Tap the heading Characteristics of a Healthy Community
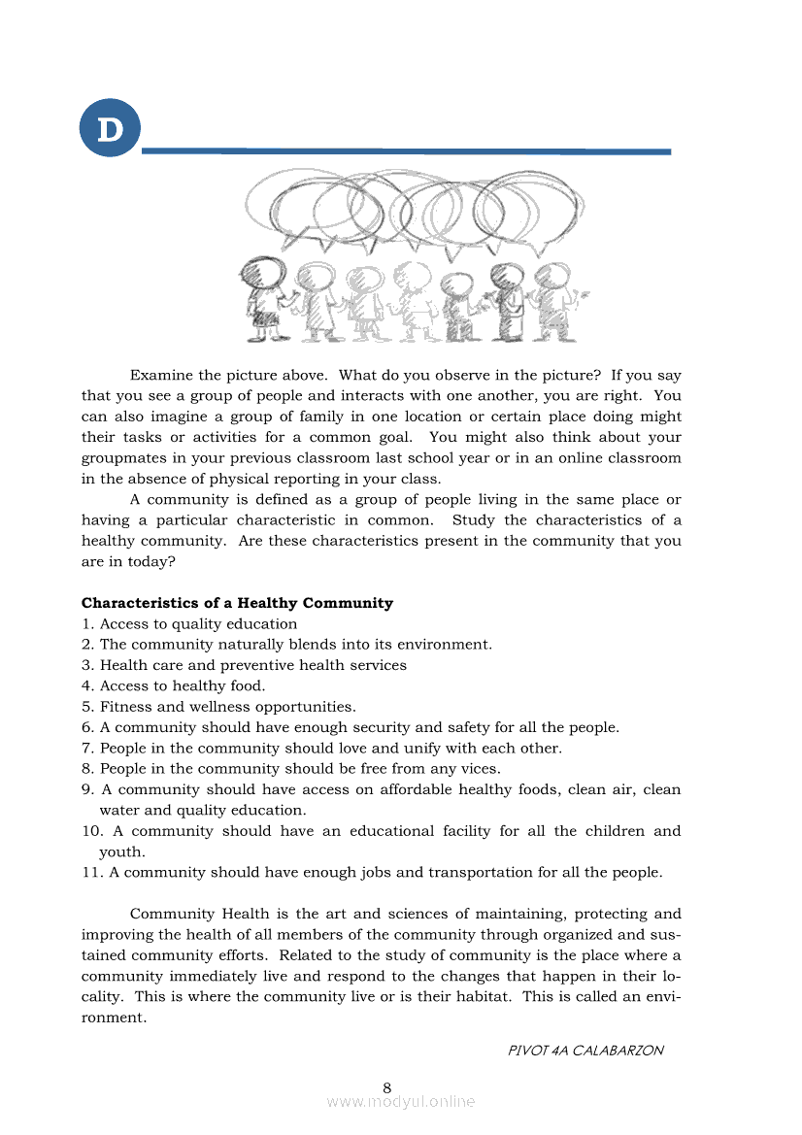pos(237,603)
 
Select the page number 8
pos(387,1086)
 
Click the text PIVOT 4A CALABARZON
pos(585,1051)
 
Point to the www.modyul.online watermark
pos(401,1102)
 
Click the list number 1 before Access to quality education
pos(86,624)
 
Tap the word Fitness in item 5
pos(124,707)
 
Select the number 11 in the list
pos(91,872)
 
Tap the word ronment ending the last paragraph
pos(112,1018)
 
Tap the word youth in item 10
pos(120,851)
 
